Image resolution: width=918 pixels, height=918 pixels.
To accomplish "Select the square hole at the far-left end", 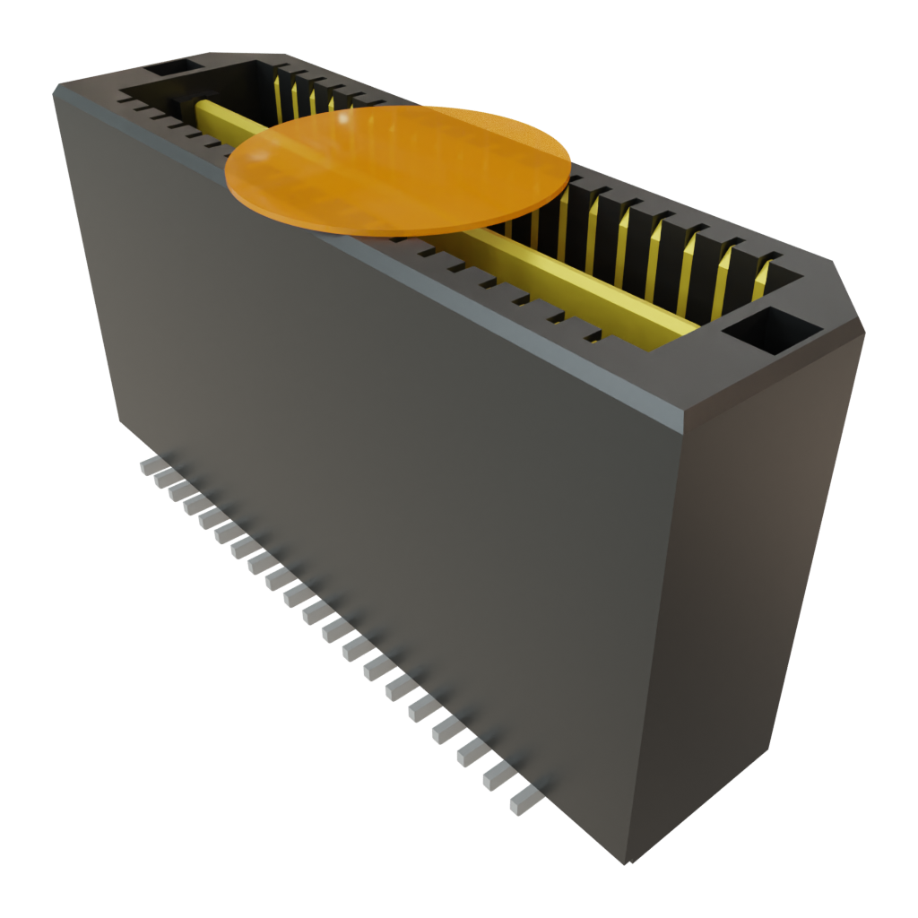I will point(174,68).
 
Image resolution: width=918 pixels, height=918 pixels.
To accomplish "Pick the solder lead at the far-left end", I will point(150,465).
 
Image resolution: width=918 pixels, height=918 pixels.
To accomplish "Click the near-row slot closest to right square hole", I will point(593,338).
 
